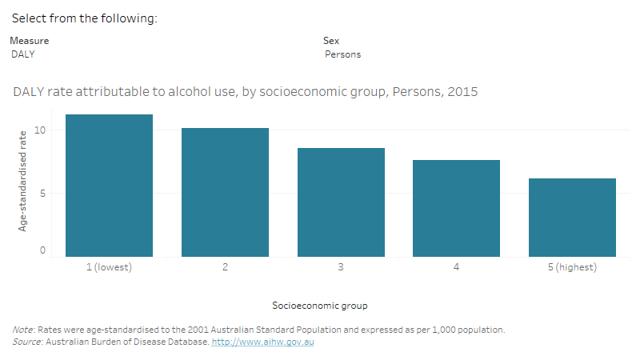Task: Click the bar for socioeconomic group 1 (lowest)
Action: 109,186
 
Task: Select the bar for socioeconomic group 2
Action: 225,192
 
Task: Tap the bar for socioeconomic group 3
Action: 341,202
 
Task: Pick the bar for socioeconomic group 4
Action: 456,208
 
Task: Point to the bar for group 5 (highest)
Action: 572,218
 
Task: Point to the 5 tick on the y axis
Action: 43,193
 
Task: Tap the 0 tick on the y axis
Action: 43,250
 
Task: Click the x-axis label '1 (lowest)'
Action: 109,267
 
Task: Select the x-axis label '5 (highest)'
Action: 572,267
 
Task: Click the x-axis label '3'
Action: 341,267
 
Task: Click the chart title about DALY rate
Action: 245,92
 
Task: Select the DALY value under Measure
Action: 23,54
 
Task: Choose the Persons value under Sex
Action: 342,54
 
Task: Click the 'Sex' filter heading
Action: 330,40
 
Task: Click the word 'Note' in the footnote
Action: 22,330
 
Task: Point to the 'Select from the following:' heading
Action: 83,18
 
